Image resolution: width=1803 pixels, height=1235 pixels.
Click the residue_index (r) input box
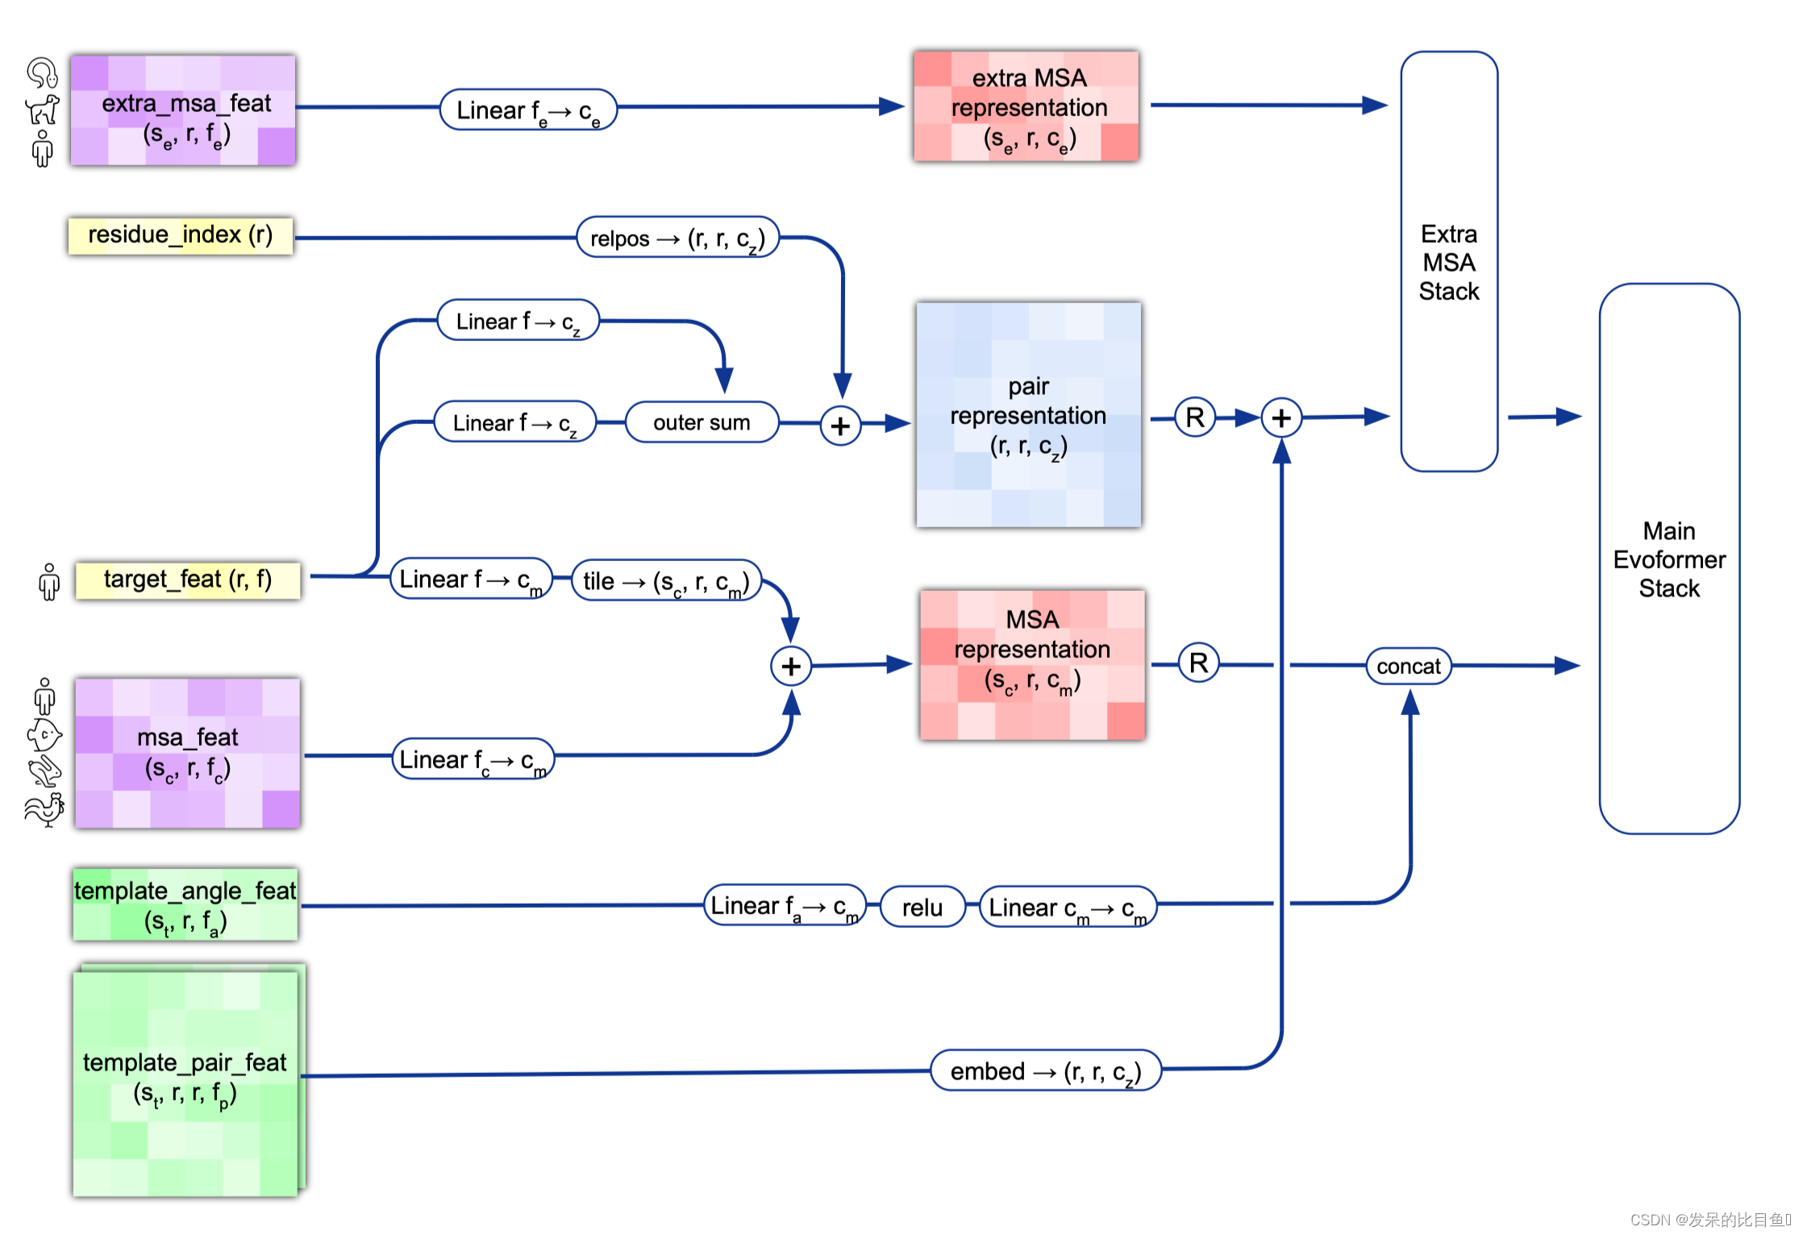[181, 235]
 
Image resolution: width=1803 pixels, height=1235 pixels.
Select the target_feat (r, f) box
[188, 580]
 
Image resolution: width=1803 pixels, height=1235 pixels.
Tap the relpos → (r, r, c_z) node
[678, 238]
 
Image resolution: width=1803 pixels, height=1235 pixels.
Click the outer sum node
[702, 422]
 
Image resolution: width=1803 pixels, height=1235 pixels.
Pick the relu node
[922, 907]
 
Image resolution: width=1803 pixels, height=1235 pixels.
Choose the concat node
[1409, 667]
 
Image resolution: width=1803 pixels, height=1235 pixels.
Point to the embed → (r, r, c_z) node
[1046, 1071]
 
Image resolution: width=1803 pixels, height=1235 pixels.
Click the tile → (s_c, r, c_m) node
[667, 580]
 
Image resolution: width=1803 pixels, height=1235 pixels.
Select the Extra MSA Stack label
[1449, 263]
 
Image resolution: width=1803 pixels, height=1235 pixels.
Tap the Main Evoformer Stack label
[1669, 559]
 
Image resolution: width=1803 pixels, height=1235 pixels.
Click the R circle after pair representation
[1195, 418]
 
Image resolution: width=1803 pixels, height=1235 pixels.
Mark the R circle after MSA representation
[1199, 663]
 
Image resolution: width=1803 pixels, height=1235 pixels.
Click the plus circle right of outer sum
[840, 425]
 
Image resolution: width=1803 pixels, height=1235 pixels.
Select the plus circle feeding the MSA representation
[791, 666]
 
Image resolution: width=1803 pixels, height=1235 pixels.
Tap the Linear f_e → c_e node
[528, 110]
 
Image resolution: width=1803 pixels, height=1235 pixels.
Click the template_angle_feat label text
[185, 891]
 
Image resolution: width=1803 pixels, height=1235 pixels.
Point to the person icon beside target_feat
[49, 581]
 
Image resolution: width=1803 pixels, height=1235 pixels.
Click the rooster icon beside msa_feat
[45, 809]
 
